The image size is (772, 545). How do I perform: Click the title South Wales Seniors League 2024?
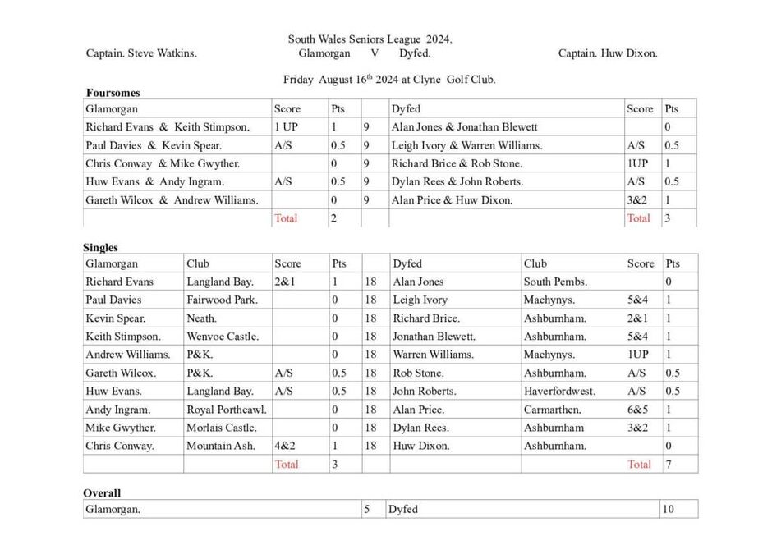tap(370, 39)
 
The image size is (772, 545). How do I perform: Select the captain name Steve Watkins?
tap(141, 53)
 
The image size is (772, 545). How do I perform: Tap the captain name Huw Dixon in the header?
tap(608, 53)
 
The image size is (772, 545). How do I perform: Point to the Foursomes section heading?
tap(113, 93)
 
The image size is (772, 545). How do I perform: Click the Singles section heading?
tap(100, 247)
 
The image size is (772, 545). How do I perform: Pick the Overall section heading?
tap(102, 493)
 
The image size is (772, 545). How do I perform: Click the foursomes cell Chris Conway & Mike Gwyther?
tap(163, 163)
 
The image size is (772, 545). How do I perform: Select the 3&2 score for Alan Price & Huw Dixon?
tap(637, 199)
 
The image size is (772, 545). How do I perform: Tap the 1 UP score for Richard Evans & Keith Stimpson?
tap(286, 127)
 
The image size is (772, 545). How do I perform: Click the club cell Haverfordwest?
tap(559, 392)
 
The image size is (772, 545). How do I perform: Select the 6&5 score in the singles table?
tap(637, 410)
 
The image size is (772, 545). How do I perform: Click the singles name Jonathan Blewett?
tap(434, 336)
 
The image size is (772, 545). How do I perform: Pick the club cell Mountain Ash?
tap(221, 446)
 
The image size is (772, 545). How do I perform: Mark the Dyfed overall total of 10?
tap(668, 510)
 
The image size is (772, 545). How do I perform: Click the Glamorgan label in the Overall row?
tap(113, 510)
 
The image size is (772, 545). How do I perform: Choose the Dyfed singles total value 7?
tap(669, 464)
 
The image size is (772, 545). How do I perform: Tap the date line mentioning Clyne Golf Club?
tap(389, 80)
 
